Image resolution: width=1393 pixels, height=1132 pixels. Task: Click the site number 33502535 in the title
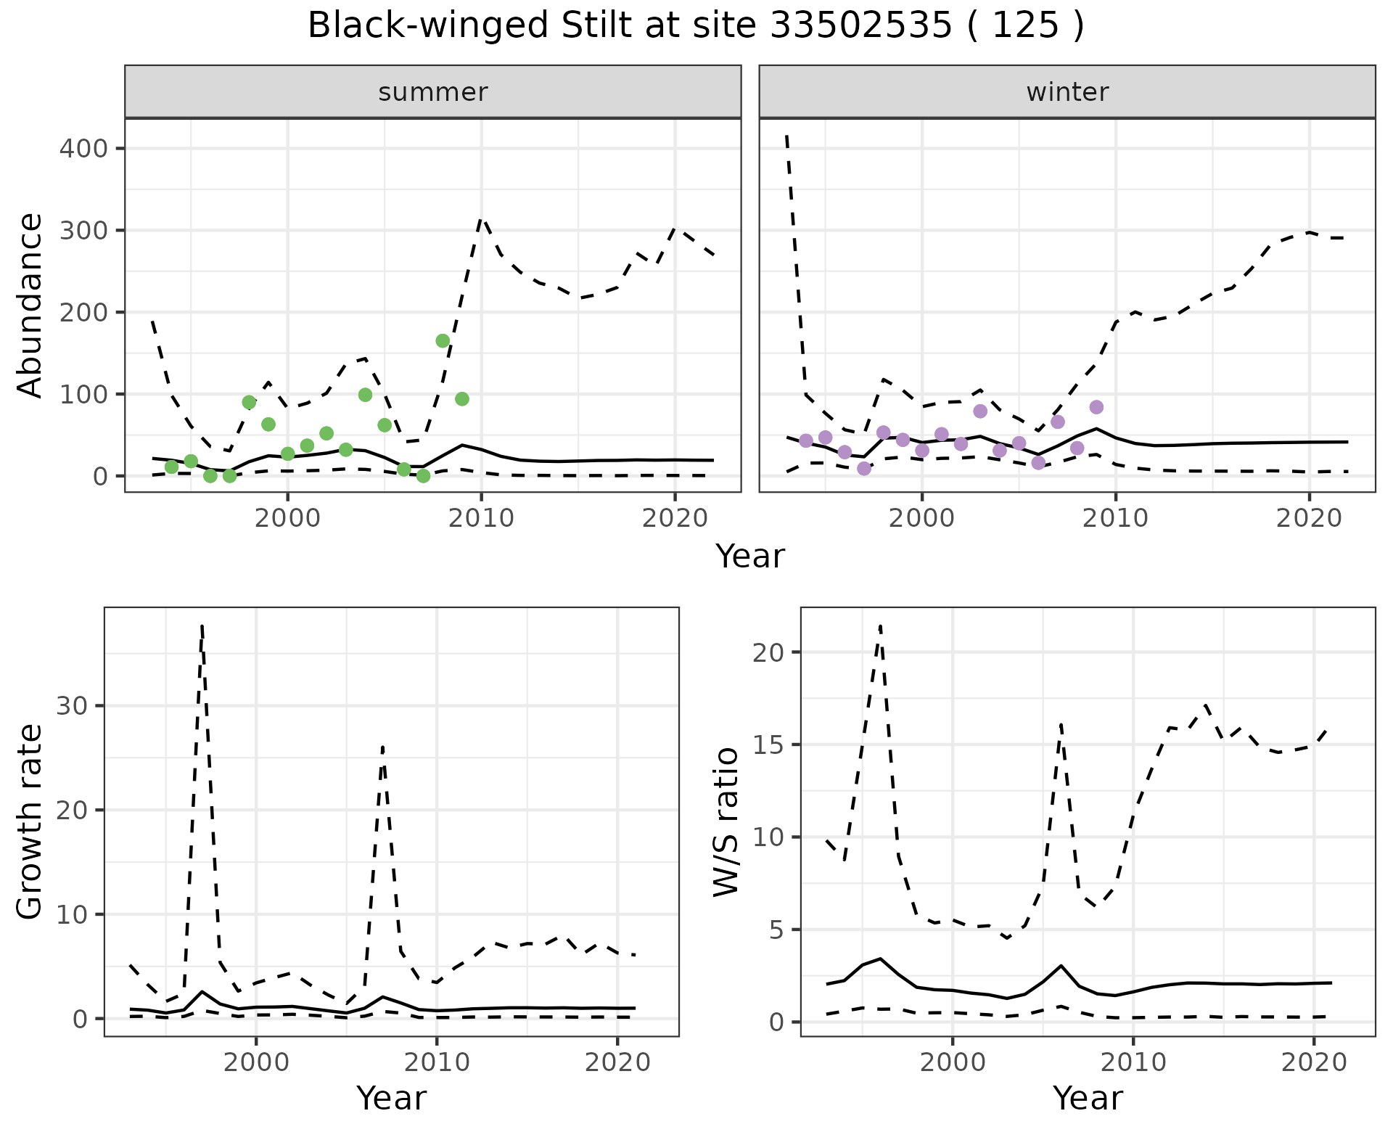(x=860, y=26)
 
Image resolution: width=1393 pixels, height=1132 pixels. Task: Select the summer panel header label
(x=433, y=92)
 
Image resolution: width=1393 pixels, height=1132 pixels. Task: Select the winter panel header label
(x=1067, y=92)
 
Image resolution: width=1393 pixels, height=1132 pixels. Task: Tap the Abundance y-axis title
(x=30, y=305)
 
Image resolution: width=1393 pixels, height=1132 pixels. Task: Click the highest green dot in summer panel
(x=443, y=341)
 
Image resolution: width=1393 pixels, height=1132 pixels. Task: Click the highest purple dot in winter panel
(x=1096, y=407)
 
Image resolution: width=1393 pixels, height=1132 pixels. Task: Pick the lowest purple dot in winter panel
(x=863, y=469)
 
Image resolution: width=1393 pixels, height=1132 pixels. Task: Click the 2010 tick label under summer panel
(x=481, y=519)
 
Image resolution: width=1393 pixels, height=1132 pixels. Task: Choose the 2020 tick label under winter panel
(x=1310, y=519)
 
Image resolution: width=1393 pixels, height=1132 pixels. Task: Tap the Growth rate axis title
(x=30, y=822)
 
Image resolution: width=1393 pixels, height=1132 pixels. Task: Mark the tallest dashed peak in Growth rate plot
(x=202, y=626)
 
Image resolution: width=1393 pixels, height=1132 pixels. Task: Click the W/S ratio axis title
(x=726, y=822)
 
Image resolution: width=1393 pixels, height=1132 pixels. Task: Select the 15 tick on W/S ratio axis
(x=767, y=745)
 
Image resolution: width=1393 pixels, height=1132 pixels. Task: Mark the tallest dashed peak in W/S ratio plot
(x=880, y=626)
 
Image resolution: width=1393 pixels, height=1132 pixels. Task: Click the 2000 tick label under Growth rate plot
(x=256, y=1063)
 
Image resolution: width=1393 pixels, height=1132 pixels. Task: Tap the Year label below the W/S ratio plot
(x=1088, y=1098)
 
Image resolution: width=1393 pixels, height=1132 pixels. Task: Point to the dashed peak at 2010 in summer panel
(x=481, y=219)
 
